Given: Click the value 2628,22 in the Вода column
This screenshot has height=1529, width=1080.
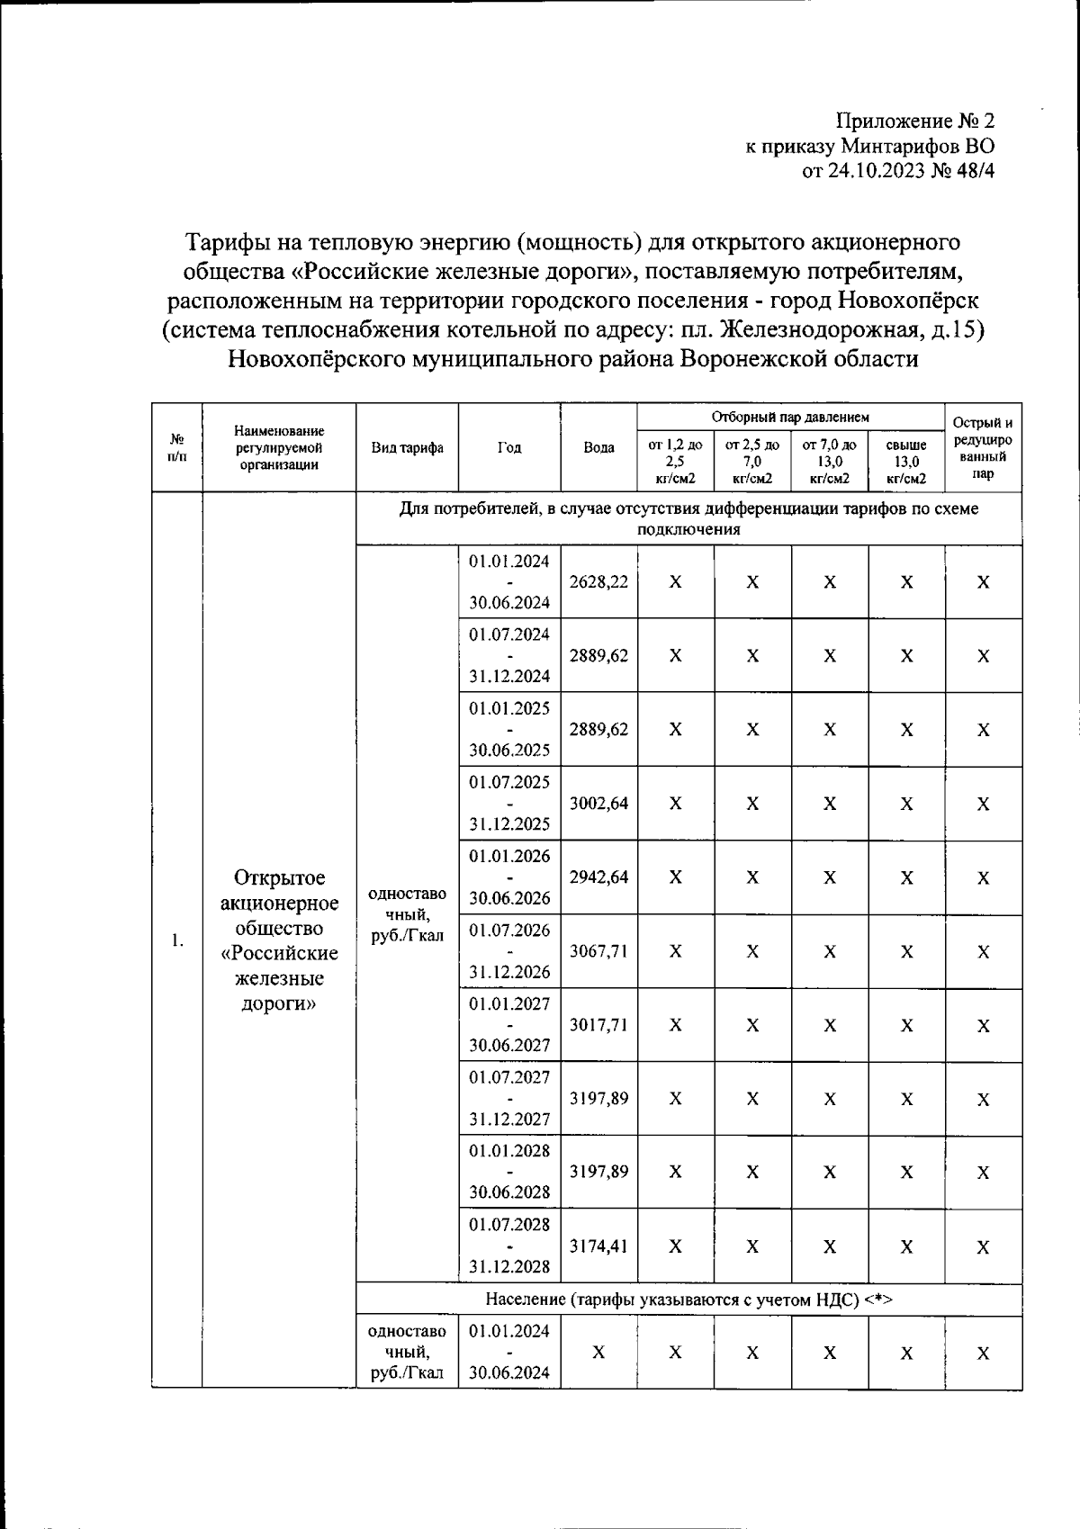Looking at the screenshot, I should point(598,581).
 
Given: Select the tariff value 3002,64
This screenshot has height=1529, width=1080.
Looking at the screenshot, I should point(598,803).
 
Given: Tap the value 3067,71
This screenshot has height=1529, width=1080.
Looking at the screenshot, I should point(598,951).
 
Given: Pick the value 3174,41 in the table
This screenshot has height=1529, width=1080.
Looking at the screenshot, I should point(598,1246).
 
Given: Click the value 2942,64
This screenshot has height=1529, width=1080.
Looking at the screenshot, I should point(598,877).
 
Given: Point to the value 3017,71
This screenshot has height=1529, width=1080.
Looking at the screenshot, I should point(598,1025).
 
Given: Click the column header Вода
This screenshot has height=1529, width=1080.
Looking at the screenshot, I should point(598,447).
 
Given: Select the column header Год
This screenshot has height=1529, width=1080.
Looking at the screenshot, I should point(509,447).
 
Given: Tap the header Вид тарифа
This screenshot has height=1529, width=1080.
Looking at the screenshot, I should point(408,447).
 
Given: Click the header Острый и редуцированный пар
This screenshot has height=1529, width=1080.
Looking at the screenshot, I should point(983,447).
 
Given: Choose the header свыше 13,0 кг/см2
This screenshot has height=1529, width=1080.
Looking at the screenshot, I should point(905,461).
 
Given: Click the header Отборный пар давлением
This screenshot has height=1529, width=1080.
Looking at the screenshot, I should point(790,417).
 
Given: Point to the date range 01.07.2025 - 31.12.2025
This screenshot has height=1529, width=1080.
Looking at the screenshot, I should point(509,803).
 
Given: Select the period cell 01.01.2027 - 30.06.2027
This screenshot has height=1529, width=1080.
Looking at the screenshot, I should point(509,1025).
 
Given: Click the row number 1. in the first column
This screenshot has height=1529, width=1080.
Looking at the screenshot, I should point(177,940).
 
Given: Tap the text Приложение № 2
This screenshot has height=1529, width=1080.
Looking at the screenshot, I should point(915,121).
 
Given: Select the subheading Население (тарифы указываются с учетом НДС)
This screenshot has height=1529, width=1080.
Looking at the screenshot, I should point(688,1299).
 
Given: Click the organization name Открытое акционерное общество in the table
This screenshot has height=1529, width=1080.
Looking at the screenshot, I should point(280,903).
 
